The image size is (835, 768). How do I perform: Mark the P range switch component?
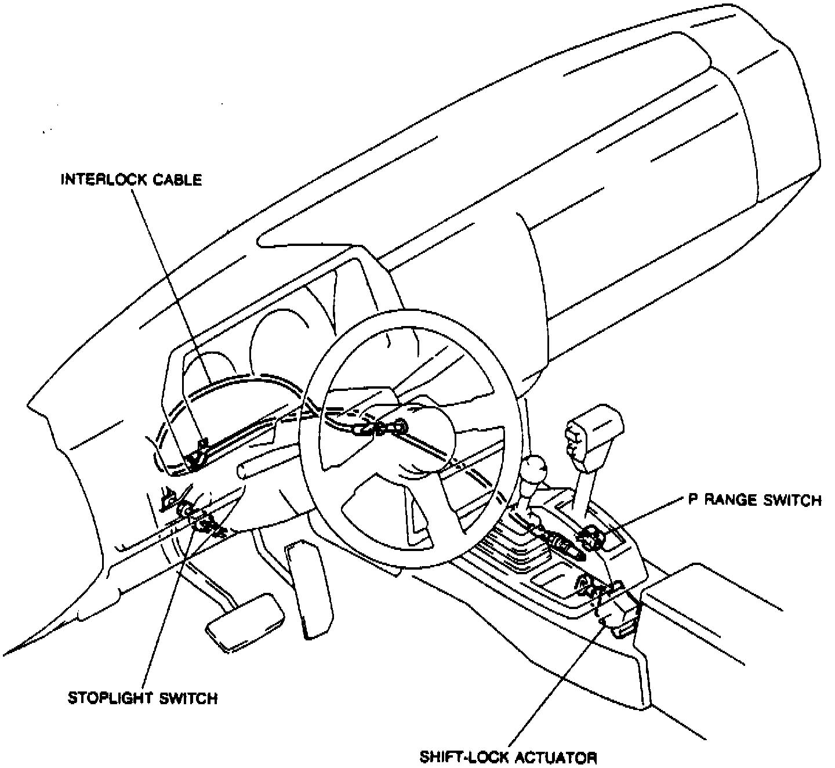coord(590,537)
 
